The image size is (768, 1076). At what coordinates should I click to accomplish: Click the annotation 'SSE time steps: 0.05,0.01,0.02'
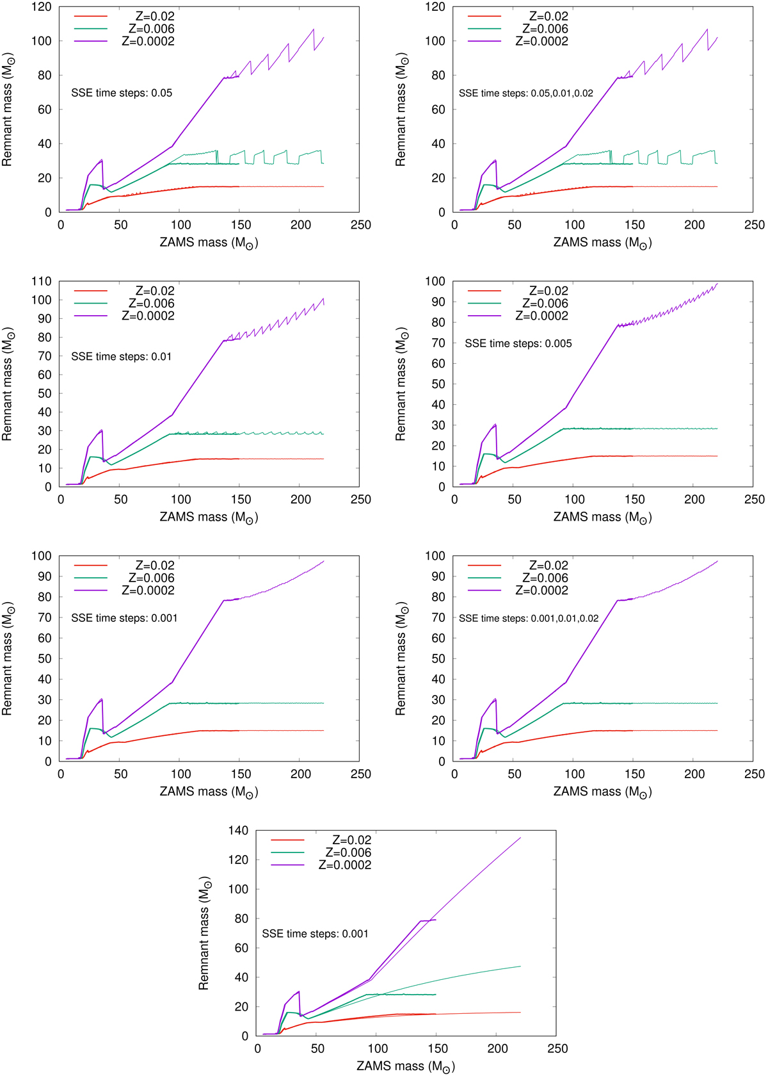click(525, 94)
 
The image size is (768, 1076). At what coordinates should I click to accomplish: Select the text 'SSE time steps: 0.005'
click(518, 344)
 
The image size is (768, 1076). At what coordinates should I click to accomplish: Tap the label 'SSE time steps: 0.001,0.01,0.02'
click(529, 619)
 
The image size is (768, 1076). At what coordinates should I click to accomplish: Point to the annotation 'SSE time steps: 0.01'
click(121, 357)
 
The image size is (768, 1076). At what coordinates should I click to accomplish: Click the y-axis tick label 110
click(41, 281)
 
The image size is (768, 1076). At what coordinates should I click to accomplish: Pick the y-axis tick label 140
click(238, 831)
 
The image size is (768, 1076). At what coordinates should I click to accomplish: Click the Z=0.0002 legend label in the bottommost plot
click(344, 865)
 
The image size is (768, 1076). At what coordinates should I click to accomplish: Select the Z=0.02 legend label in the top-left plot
click(155, 17)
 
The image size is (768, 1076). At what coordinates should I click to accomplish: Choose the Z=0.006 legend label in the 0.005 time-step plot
click(545, 304)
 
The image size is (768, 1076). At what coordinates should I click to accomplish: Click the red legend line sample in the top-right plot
click(484, 17)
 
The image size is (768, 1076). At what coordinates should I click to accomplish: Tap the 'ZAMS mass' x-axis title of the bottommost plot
click(406, 1066)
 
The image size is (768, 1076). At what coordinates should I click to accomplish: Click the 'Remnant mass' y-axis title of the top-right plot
click(401, 110)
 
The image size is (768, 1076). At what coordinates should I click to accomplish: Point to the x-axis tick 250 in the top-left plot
click(360, 225)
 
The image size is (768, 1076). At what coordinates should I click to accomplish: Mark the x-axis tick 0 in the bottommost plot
click(257, 1049)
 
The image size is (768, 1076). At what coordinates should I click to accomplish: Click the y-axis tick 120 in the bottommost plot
click(238, 860)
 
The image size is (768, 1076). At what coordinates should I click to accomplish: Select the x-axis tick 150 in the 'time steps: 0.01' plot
click(241, 500)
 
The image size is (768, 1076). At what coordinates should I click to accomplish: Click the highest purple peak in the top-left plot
click(313, 29)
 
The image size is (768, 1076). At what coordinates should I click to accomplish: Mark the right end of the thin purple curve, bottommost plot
click(520, 838)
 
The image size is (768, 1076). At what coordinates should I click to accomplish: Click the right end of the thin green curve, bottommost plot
click(520, 966)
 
